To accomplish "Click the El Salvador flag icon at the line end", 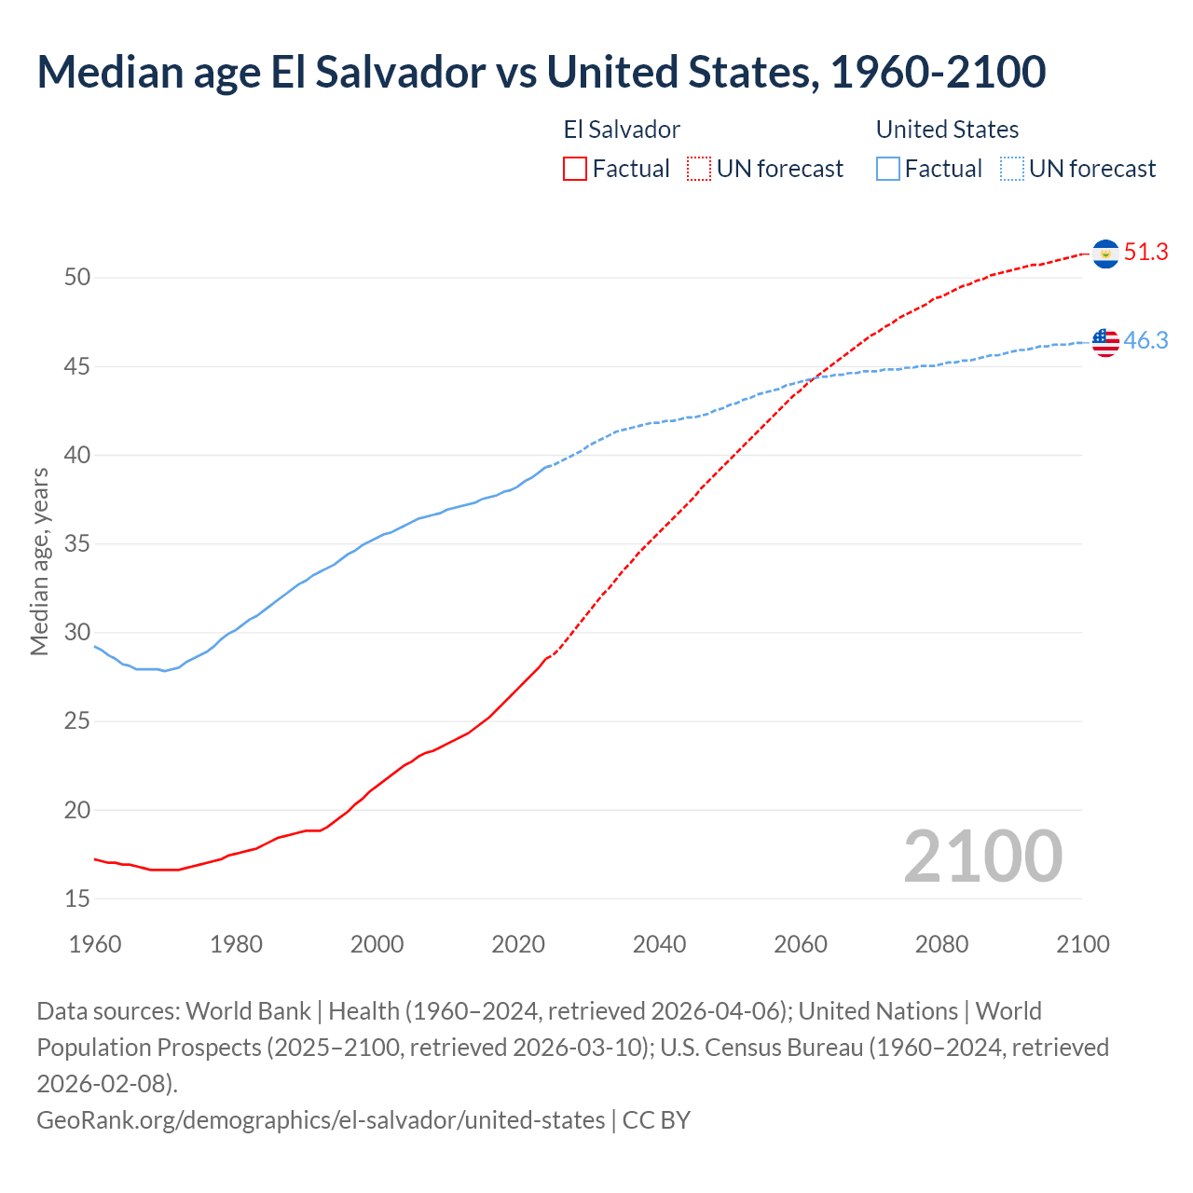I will point(1105,254).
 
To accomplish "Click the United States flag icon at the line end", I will point(1105,342).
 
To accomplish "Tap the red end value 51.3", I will point(1145,253).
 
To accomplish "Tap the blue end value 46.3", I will point(1145,341).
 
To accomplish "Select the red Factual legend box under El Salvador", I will point(575,169).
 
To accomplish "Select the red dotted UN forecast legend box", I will point(698,169).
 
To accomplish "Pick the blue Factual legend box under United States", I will point(888,169).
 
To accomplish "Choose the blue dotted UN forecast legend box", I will point(1011,169).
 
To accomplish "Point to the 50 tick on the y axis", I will point(77,278).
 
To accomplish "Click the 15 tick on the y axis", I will point(77,899).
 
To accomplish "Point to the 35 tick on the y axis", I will point(77,544).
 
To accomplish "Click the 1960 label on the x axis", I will point(95,944).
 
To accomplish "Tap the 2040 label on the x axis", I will point(659,944).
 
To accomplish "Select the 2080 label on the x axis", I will point(941,944).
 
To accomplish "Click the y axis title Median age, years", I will point(39,562).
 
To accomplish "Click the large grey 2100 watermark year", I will point(982,857).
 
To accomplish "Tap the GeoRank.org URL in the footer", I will point(321,1119).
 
